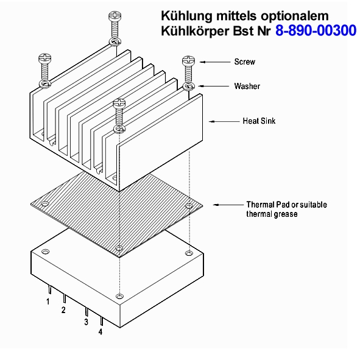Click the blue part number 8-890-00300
point(316,30)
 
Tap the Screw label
point(244,62)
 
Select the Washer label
point(247,86)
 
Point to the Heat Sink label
point(259,121)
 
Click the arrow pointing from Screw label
point(215,62)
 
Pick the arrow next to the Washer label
point(214,86)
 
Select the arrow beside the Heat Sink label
point(224,121)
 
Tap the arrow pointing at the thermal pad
point(228,205)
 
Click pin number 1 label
point(48,302)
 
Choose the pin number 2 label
point(63,310)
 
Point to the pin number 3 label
point(86,322)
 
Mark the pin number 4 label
point(101,332)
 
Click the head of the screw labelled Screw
point(188,61)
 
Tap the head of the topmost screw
point(115,16)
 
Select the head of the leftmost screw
point(44,58)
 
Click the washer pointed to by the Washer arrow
point(189,86)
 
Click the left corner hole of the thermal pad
point(44,203)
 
